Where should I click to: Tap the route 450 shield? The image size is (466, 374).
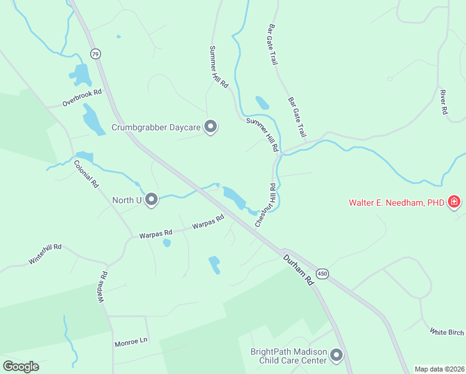click(321, 274)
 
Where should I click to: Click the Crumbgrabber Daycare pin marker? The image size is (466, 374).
click(211, 127)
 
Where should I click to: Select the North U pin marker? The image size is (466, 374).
click(151, 200)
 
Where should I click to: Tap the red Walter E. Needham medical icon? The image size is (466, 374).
click(454, 202)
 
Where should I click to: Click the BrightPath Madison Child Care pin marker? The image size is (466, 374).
click(336, 356)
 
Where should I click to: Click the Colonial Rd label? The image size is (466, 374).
click(86, 175)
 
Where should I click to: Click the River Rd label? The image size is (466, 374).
click(444, 102)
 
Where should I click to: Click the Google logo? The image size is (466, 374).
click(21, 367)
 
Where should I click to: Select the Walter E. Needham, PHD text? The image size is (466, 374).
click(397, 203)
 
